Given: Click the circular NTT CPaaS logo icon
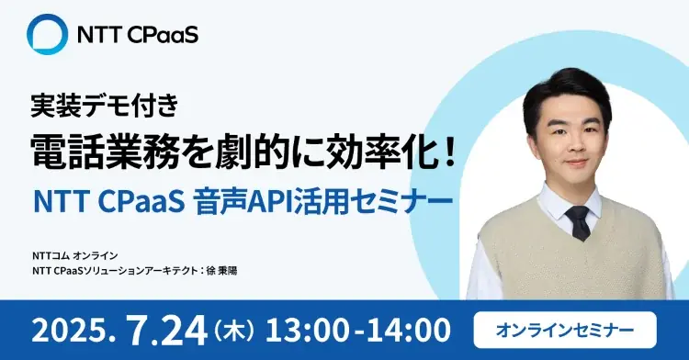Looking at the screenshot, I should click(x=48, y=36).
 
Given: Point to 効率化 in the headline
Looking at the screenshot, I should click(x=371, y=148).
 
